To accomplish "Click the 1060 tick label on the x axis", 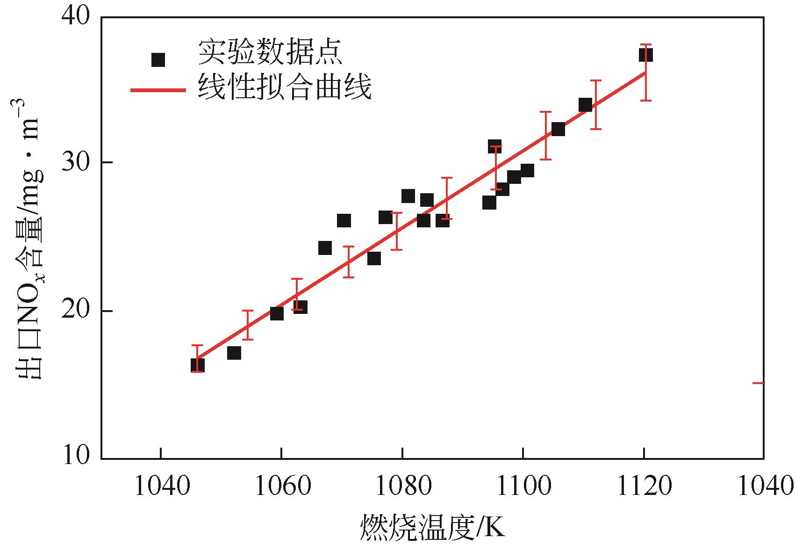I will point(281,487).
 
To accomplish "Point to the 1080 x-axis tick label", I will point(402,487).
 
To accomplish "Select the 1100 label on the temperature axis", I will point(523,487).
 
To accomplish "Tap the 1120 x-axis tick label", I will point(645,487).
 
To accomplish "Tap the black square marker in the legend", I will point(158,60).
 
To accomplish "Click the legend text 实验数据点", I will point(271,52).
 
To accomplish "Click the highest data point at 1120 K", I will point(645,55).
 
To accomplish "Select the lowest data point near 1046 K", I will point(198,365).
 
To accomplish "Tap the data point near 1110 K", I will point(585,105).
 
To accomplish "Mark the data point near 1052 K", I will point(234,353).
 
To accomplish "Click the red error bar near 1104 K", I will point(545,136).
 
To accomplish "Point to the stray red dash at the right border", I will point(758,383).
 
